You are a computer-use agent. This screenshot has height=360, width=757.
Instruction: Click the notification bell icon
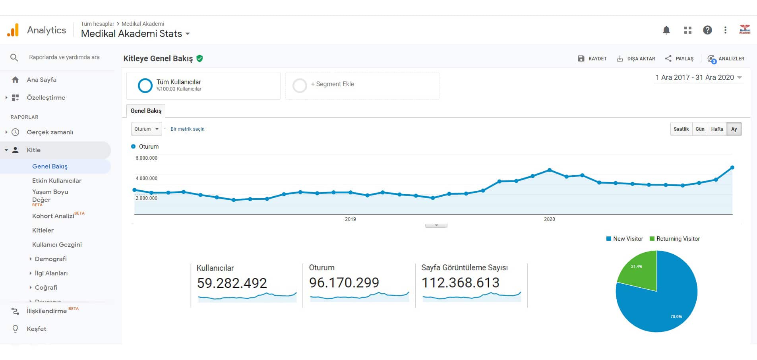coord(666,30)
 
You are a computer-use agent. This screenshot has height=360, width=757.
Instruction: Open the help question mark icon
coord(707,30)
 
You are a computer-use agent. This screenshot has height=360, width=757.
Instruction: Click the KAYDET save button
coord(592,58)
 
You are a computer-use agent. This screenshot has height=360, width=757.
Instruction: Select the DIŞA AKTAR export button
coord(636,58)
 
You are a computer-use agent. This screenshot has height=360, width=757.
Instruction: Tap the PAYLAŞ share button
coord(679,58)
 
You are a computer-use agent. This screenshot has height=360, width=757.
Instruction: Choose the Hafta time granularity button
coord(717,129)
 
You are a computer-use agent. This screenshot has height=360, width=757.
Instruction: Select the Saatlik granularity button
coord(681,129)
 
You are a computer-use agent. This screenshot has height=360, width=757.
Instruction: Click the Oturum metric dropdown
coord(146,129)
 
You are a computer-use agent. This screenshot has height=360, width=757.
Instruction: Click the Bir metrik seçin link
coord(188,129)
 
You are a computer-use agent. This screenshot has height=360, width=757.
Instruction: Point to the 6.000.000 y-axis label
coord(146,158)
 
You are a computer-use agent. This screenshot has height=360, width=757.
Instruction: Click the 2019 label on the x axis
coord(350,219)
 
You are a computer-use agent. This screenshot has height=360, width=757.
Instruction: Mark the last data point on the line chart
coord(732,168)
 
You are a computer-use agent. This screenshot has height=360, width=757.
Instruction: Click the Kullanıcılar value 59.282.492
coord(232,283)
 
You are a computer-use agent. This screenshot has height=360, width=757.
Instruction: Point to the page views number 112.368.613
coord(460,283)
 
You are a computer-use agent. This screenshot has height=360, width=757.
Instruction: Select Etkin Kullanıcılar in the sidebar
coord(57,181)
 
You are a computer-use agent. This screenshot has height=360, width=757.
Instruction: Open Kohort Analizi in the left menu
coord(53,216)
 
